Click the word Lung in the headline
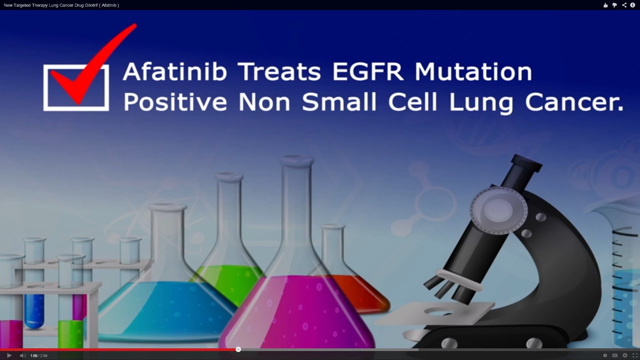(x=481, y=103)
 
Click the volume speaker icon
(x=23, y=356)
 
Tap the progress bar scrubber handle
(x=238, y=349)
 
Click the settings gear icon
(x=625, y=356)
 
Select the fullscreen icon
(x=635, y=356)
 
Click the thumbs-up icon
(x=606, y=5)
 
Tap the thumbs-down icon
(x=615, y=5)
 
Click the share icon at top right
(x=624, y=5)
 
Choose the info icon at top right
(x=633, y=5)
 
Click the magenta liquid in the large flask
(x=297, y=313)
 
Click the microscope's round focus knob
(x=499, y=210)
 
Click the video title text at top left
(x=61, y=5)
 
